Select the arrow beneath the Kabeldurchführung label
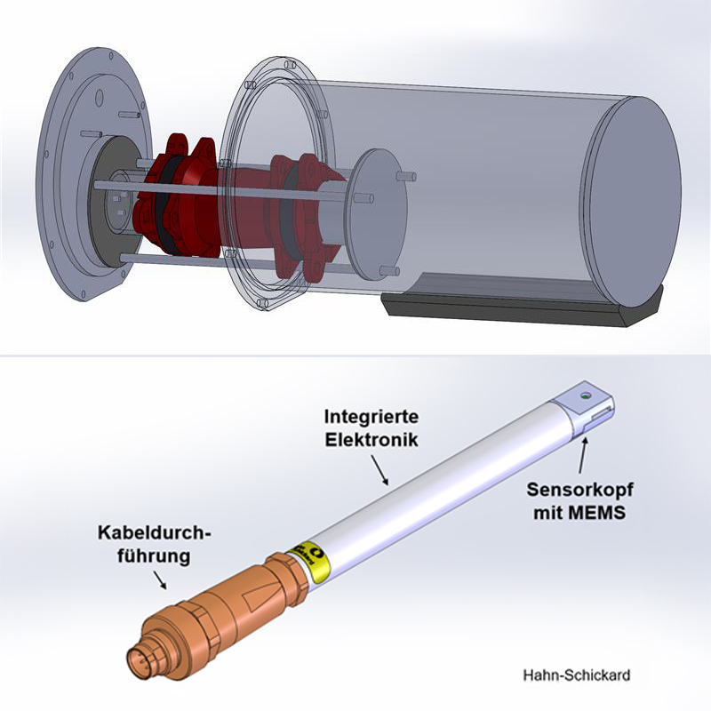[x=162, y=579]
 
